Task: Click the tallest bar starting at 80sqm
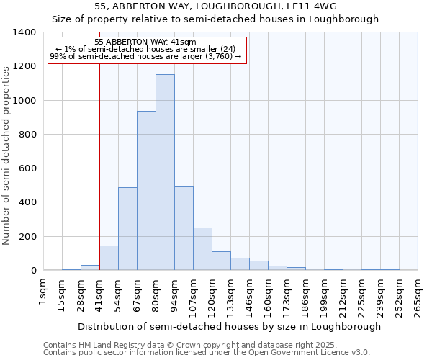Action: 165,173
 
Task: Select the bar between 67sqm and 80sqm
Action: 146,191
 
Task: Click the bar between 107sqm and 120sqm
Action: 202,249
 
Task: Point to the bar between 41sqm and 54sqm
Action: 109,258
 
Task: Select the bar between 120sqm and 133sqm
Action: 221,261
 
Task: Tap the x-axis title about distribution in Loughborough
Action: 229,326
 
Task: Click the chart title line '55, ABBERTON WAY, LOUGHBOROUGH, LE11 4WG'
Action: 215,6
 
